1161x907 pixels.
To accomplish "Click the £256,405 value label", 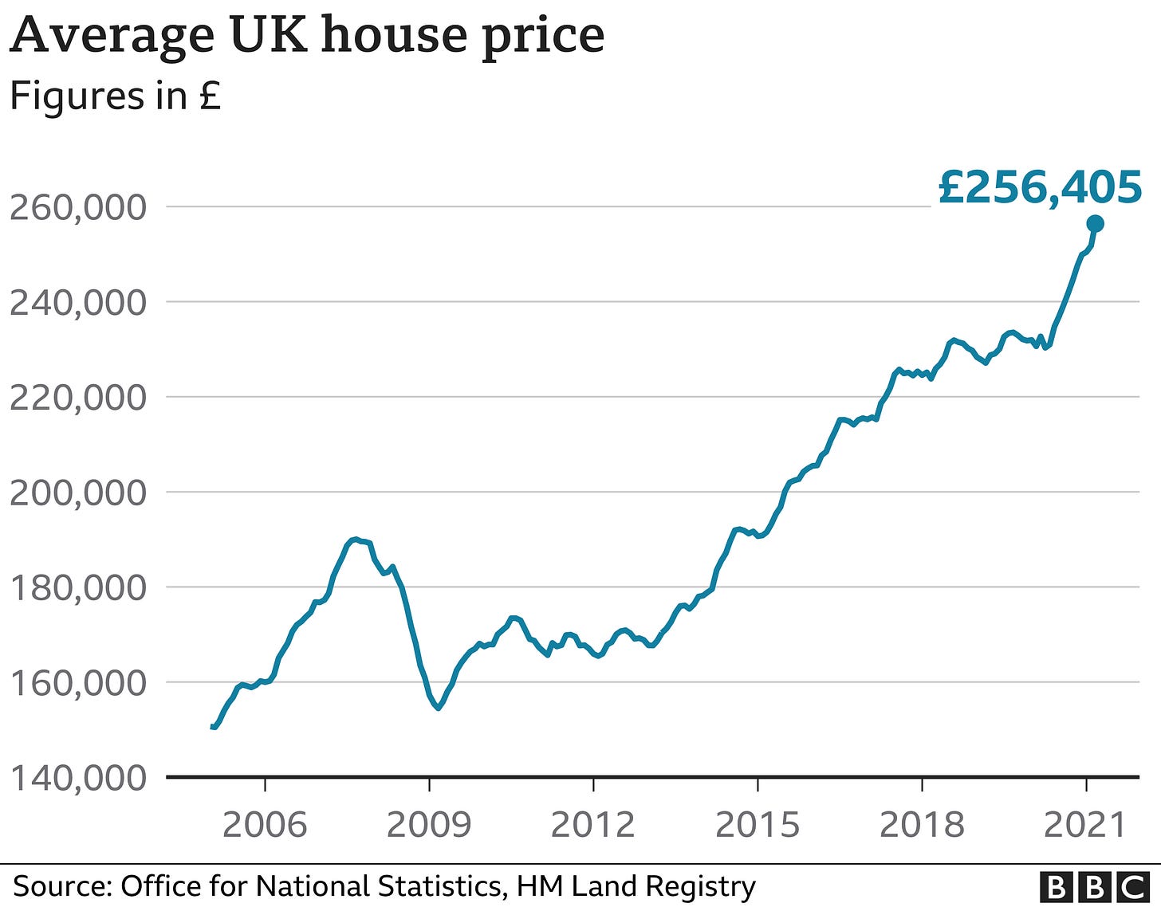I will click(x=1040, y=188).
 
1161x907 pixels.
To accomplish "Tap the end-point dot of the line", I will click(x=1095, y=224).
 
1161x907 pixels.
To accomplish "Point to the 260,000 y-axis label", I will click(x=78, y=207).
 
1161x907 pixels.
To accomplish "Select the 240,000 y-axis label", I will click(x=78, y=303).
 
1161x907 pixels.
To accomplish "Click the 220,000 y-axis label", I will click(x=78, y=397).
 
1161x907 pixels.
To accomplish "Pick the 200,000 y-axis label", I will click(x=78, y=493).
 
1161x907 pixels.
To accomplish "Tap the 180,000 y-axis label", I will click(x=78, y=588).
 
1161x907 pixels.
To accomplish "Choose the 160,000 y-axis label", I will click(x=78, y=683).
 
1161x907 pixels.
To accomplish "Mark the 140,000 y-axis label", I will click(x=78, y=778).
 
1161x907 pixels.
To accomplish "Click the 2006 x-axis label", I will click(x=265, y=824).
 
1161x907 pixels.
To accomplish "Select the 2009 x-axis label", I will click(x=429, y=824).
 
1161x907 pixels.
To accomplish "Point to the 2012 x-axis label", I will click(x=593, y=824).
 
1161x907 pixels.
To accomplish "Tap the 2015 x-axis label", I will click(x=758, y=824).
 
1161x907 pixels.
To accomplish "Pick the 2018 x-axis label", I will click(x=922, y=824).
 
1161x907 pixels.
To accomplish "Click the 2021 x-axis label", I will click(x=1086, y=824).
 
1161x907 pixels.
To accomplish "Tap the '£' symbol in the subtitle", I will click(x=210, y=96).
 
